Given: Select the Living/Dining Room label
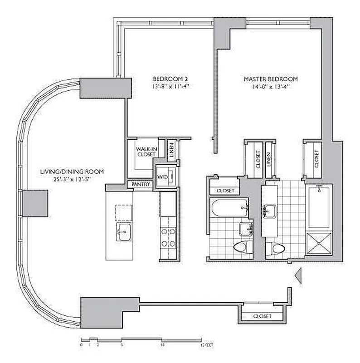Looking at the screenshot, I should coord(72,172).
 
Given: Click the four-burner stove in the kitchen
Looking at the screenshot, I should coord(168,236).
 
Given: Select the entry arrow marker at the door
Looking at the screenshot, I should coord(298,275).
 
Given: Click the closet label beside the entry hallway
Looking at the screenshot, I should coord(262,316).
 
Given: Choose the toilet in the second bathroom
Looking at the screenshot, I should coord(240,248).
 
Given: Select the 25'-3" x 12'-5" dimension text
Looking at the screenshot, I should coord(72,179).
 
